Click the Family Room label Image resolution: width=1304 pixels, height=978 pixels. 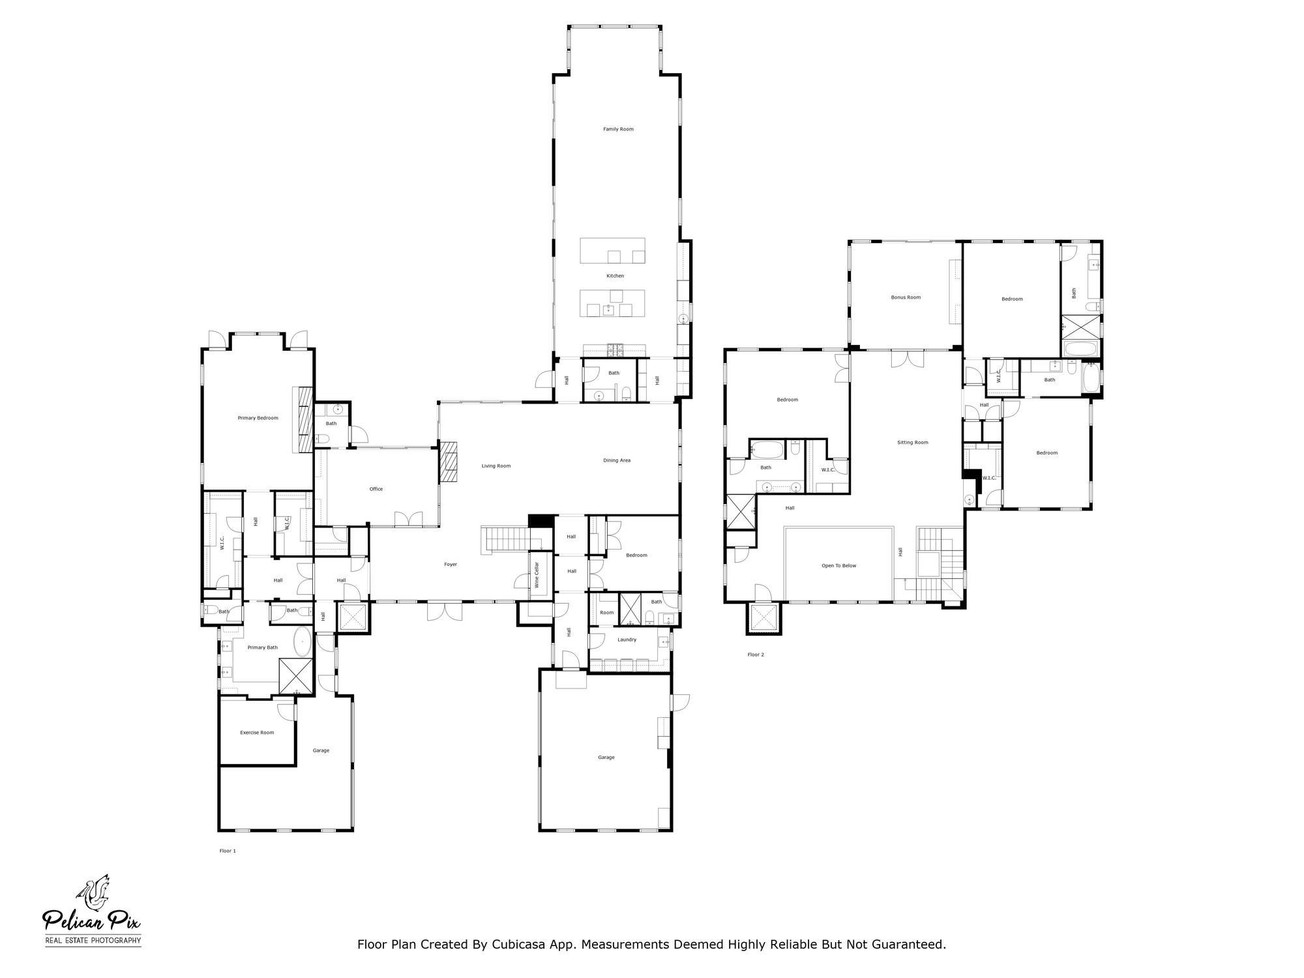[x=618, y=129]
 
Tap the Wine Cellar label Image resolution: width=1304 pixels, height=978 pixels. [x=537, y=575]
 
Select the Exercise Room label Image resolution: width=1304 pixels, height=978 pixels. [x=257, y=732]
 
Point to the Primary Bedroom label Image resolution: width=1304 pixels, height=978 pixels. [x=258, y=418]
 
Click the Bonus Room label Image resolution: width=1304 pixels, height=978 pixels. [x=906, y=297]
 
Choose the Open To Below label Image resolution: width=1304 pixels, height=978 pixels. [x=838, y=565]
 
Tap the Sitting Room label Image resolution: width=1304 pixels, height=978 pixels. [x=912, y=442]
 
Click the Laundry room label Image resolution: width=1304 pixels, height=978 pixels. [x=627, y=640]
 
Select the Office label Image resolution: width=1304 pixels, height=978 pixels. [x=376, y=489]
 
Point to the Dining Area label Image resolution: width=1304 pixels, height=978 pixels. [x=616, y=460]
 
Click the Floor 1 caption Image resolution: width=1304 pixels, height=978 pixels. [x=228, y=851]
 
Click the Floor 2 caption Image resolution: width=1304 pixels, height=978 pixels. [x=756, y=654]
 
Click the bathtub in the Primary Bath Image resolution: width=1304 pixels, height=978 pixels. [x=303, y=642]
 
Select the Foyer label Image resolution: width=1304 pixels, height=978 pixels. [x=451, y=564]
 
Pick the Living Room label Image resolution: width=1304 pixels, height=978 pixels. [x=496, y=466]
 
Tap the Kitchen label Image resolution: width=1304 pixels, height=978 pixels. [x=615, y=276]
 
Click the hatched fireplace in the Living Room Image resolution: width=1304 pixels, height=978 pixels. [x=449, y=462]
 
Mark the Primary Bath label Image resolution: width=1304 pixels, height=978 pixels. [x=263, y=647]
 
